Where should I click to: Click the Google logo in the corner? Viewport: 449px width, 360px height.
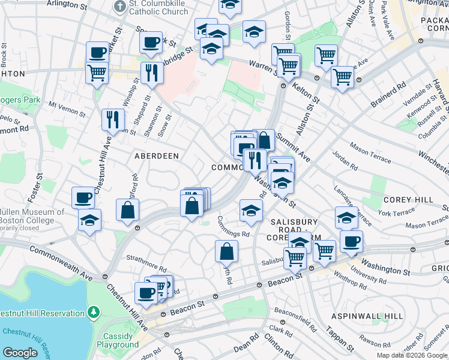(20, 353)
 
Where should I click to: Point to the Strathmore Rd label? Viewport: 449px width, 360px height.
(145, 262)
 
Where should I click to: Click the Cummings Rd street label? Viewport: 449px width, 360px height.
(233, 229)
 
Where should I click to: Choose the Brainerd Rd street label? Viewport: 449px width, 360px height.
(384, 95)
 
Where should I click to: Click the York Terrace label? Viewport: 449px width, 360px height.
(396, 212)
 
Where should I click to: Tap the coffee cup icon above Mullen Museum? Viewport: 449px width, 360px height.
(83, 197)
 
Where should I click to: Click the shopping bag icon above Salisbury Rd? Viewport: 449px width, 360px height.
(226, 251)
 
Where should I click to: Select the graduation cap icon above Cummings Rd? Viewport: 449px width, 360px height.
(250, 210)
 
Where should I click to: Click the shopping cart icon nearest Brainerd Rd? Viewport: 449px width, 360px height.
(342, 76)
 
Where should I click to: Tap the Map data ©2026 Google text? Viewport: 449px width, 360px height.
(412, 355)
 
